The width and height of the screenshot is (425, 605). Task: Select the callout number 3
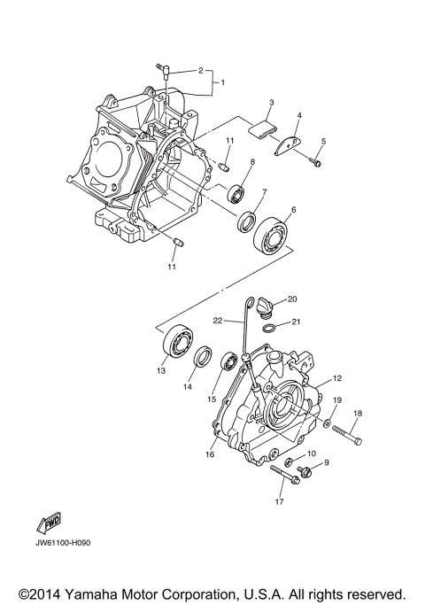(x=272, y=103)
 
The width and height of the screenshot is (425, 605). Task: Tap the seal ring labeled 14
(x=203, y=357)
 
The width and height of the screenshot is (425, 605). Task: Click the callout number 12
(x=336, y=378)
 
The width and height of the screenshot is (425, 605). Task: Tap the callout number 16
(x=210, y=454)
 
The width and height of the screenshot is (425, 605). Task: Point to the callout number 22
(x=216, y=320)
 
